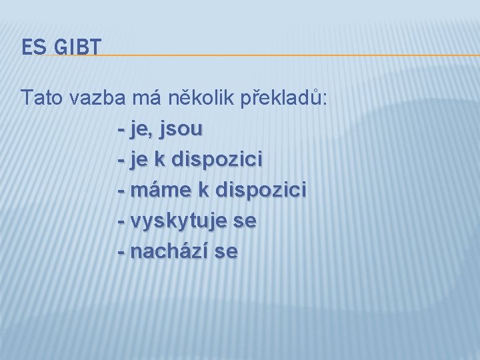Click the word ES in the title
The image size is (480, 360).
[31, 47]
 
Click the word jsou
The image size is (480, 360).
[180, 129]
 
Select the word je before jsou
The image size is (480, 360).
[141, 129]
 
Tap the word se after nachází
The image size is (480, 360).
[225, 253]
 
